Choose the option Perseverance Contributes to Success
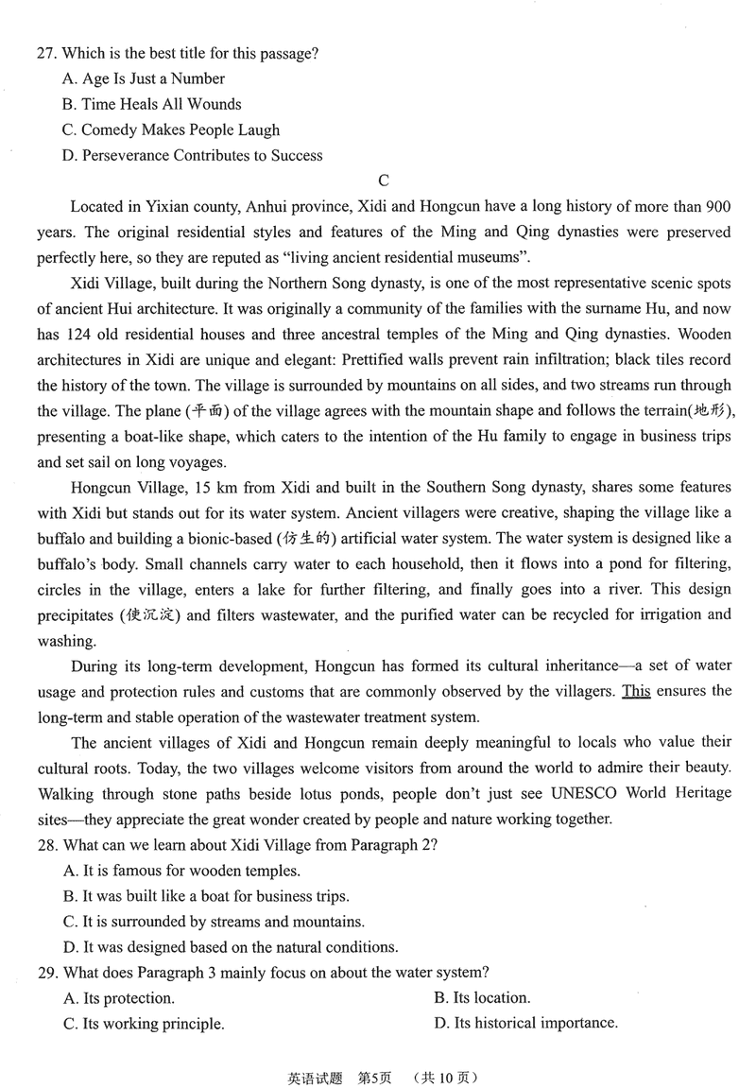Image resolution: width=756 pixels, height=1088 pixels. [x=192, y=155]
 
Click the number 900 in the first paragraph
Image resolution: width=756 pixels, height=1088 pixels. [x=718, y=206]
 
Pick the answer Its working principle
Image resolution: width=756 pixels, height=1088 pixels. [x=143, y=1023]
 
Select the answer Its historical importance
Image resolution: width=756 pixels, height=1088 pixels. [x=525, y=1023]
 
